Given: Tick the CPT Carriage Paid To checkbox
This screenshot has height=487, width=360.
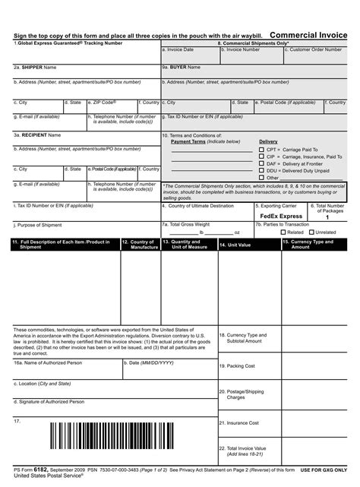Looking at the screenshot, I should point(261,150).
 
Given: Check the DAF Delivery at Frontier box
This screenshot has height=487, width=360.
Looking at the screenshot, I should point(261,163).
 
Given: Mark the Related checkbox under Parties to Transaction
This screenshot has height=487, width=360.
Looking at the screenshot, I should point(280,232).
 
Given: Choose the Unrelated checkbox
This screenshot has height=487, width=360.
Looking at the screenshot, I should point(311,232).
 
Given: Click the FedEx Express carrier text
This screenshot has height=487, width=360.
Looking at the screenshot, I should point(279,217).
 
